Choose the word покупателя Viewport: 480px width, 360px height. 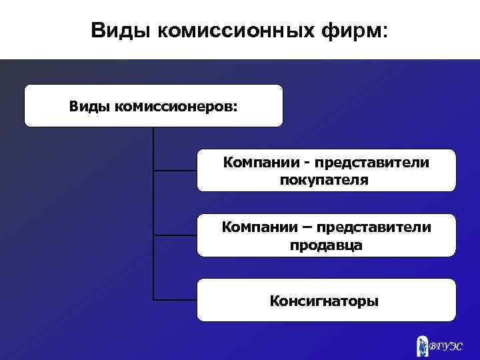pyautogui.click(x=324, y=180)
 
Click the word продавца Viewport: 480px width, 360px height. pyautogui.click(x=326, y=245)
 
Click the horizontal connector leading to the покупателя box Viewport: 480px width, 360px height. pyautogui.click(x=175, y=171)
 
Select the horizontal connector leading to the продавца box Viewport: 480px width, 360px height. pyautogui.click(x=175, y=235)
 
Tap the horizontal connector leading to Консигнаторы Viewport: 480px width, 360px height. pyautogui.click(x=175, y=300)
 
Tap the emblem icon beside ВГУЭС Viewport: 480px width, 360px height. pyautogui.click(x=423, y=345)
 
